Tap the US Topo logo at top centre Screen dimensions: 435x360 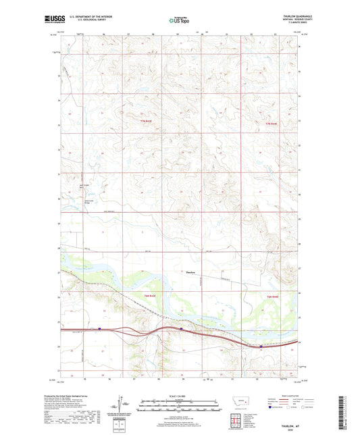click(179, 20)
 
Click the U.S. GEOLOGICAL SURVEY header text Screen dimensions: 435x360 click(93, 20)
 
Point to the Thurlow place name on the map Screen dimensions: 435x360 click(192, 272)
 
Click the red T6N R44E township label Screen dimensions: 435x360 click(272, 298)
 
